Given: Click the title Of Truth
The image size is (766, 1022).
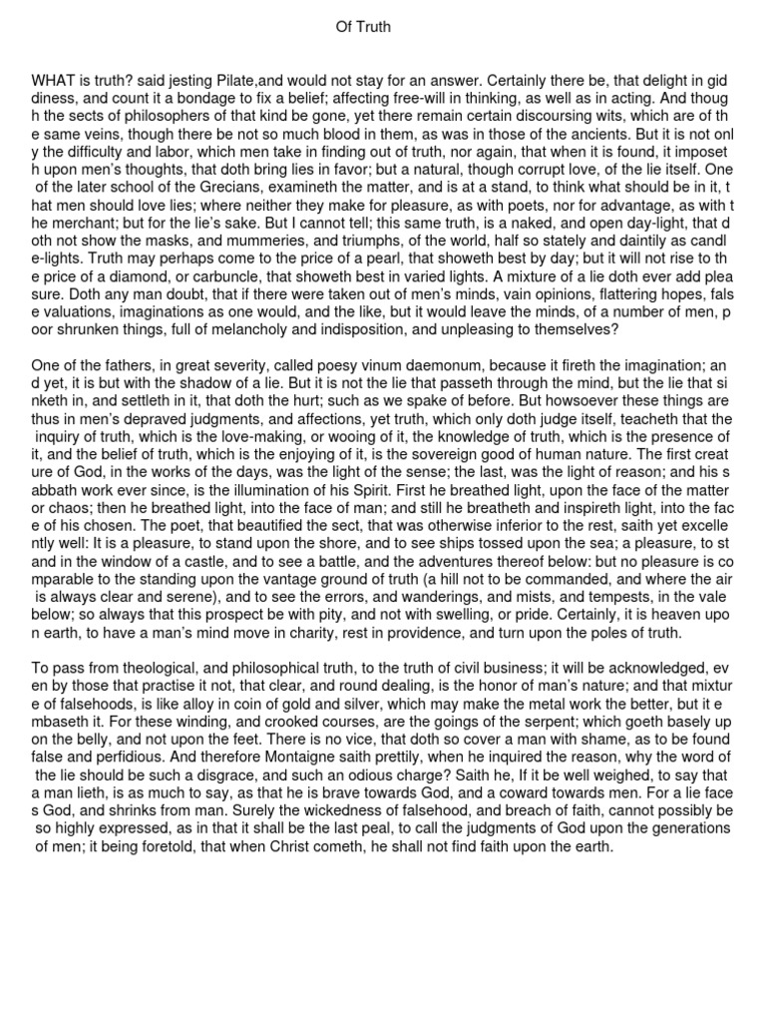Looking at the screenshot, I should pyautogui.click(x=363, y=28).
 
